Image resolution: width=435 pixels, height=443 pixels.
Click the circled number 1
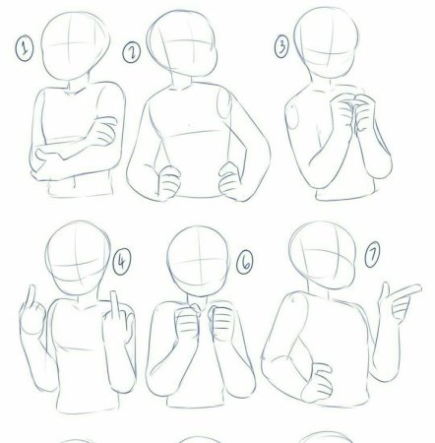[25, 49]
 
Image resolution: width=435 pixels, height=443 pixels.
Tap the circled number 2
[132, 52]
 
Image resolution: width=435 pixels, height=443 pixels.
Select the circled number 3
[281, 46]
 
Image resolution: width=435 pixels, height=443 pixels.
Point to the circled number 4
[122, 261]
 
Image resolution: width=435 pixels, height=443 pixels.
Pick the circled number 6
[245, 262]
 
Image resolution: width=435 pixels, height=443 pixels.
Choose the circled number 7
[372, 254]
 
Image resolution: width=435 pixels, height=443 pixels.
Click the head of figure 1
[76, 46]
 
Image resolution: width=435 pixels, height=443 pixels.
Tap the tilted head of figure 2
[182, 43]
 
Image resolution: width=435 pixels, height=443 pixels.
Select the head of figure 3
[327, 42]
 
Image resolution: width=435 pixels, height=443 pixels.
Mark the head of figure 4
[78, 258]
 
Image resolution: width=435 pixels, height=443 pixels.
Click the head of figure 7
[323, 255]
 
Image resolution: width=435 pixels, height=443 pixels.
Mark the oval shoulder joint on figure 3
[292, 116]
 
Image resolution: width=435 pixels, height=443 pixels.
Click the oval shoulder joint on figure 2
[223, 103]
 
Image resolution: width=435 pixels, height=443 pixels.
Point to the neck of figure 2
[181, 81]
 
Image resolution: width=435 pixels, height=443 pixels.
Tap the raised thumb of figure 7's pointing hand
[384, 292]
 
